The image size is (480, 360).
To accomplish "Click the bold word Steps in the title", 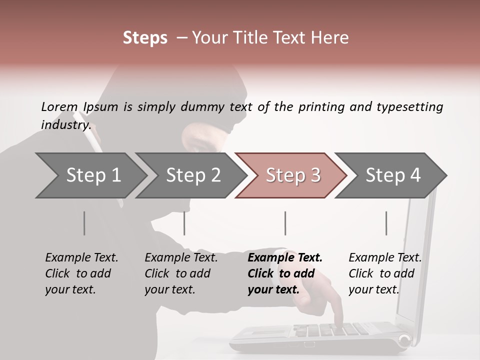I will point(145,38).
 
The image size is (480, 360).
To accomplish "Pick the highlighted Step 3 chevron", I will point(293,175).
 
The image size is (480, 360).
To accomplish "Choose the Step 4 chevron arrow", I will point(393,175).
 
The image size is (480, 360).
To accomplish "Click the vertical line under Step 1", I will point(84,223).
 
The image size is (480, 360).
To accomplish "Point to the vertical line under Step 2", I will point(184,223).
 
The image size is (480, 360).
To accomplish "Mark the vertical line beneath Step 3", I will point(285,223).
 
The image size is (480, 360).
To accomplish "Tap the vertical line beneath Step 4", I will point(386,223).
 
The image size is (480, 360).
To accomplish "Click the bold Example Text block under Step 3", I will point(285,273).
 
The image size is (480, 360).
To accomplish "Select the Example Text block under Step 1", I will point(81,273).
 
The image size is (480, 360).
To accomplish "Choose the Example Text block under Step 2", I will point(181,273).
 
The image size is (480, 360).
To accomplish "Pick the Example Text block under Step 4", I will point(385,273).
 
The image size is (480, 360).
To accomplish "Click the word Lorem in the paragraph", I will point(59,106).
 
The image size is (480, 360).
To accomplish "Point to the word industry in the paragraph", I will point(65,124).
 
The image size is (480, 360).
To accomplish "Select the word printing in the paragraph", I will point(321,106).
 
